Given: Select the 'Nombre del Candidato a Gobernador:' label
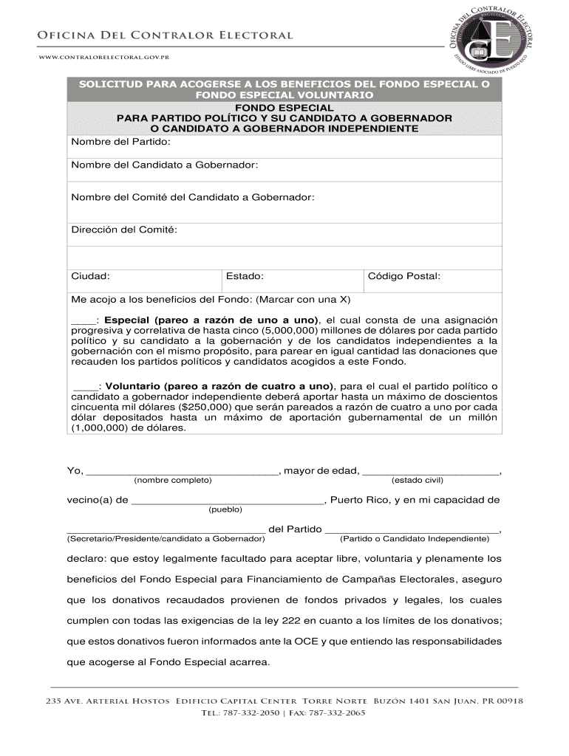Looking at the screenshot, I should (164, 165).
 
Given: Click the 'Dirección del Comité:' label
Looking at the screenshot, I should (124, 230).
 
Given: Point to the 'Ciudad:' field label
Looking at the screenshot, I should (90, 276).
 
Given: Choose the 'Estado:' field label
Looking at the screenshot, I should (245, 276).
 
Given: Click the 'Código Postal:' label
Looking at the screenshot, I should (403, 276).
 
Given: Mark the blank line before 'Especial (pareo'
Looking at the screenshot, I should (83, 320).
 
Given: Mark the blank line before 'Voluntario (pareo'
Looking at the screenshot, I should (86, 386).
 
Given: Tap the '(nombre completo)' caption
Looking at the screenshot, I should (173, 481).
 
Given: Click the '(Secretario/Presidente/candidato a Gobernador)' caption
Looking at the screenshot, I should (166, 539).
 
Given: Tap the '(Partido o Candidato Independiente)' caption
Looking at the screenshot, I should (415, 539).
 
